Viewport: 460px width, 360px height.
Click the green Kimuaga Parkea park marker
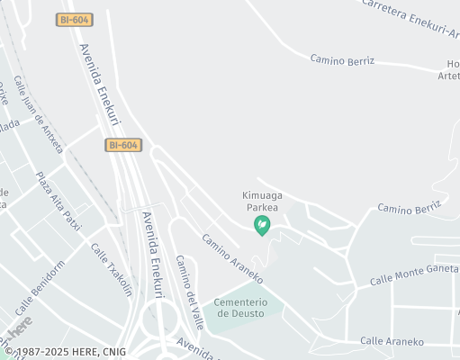point(263,224)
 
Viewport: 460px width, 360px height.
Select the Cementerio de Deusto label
point(248,307)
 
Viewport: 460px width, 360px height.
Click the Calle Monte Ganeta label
point(414,275)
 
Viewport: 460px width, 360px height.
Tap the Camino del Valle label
point(189,291)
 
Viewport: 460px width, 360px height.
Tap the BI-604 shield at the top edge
point(76,20)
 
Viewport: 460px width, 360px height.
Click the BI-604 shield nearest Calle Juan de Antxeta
point(123,145)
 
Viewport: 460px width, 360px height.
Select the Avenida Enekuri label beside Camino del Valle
point(152,255)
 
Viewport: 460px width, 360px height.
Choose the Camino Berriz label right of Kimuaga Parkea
point(409,209)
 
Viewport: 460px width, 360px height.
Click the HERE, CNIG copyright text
point(66,351)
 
